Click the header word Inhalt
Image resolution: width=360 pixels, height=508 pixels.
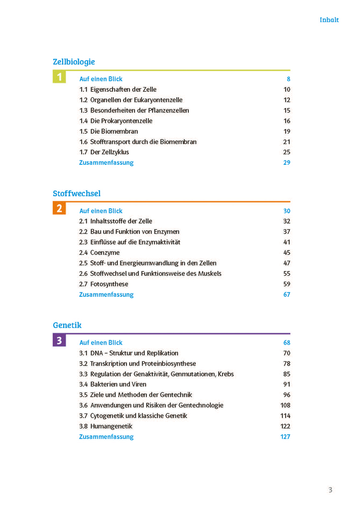(329, 20)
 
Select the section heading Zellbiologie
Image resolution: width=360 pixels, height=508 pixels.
(74, 62)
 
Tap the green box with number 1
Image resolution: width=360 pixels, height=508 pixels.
(59, 77)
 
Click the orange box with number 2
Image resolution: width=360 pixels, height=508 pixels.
(59, 209)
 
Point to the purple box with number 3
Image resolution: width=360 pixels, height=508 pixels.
(59, 341)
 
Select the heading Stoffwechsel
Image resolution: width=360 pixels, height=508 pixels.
(77, 193)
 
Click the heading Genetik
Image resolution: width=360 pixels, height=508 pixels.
(67, 325)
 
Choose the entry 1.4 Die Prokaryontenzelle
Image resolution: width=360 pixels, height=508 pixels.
(116, 121)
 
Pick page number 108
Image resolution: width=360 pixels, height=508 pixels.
(285, 405)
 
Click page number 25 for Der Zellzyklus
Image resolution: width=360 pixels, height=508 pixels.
(286, 152)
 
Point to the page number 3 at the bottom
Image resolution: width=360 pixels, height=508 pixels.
(330, 490)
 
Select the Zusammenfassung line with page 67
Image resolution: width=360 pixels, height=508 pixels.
(106, 295)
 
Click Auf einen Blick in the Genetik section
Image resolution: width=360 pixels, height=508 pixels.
(101, 343)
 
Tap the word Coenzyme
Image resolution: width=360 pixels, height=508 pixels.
(105, 253)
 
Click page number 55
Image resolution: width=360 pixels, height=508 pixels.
(286, 274)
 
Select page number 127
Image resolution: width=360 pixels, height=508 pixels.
(285, 437)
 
